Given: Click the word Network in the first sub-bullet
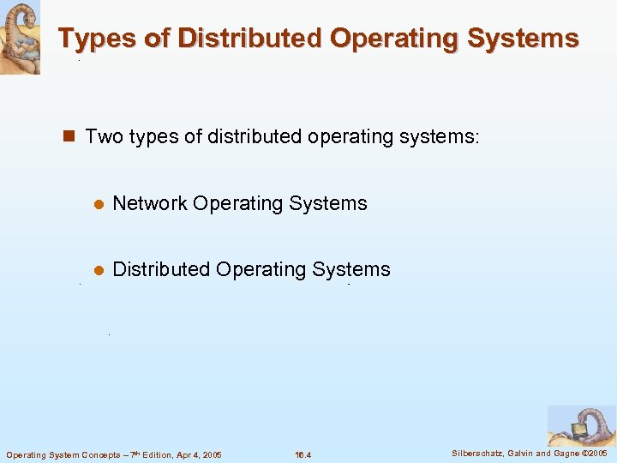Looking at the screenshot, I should [150, 203].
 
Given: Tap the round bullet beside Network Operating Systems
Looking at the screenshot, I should [99, 204].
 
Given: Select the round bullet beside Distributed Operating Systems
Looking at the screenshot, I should [99, 270].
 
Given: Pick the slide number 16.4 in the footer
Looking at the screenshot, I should [303, 454].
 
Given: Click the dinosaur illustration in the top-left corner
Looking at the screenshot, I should [20, 37].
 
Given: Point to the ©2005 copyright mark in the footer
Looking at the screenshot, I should [595, 453].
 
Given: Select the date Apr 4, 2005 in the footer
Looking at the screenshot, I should [196, 454].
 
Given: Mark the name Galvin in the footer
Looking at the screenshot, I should [522, 453].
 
